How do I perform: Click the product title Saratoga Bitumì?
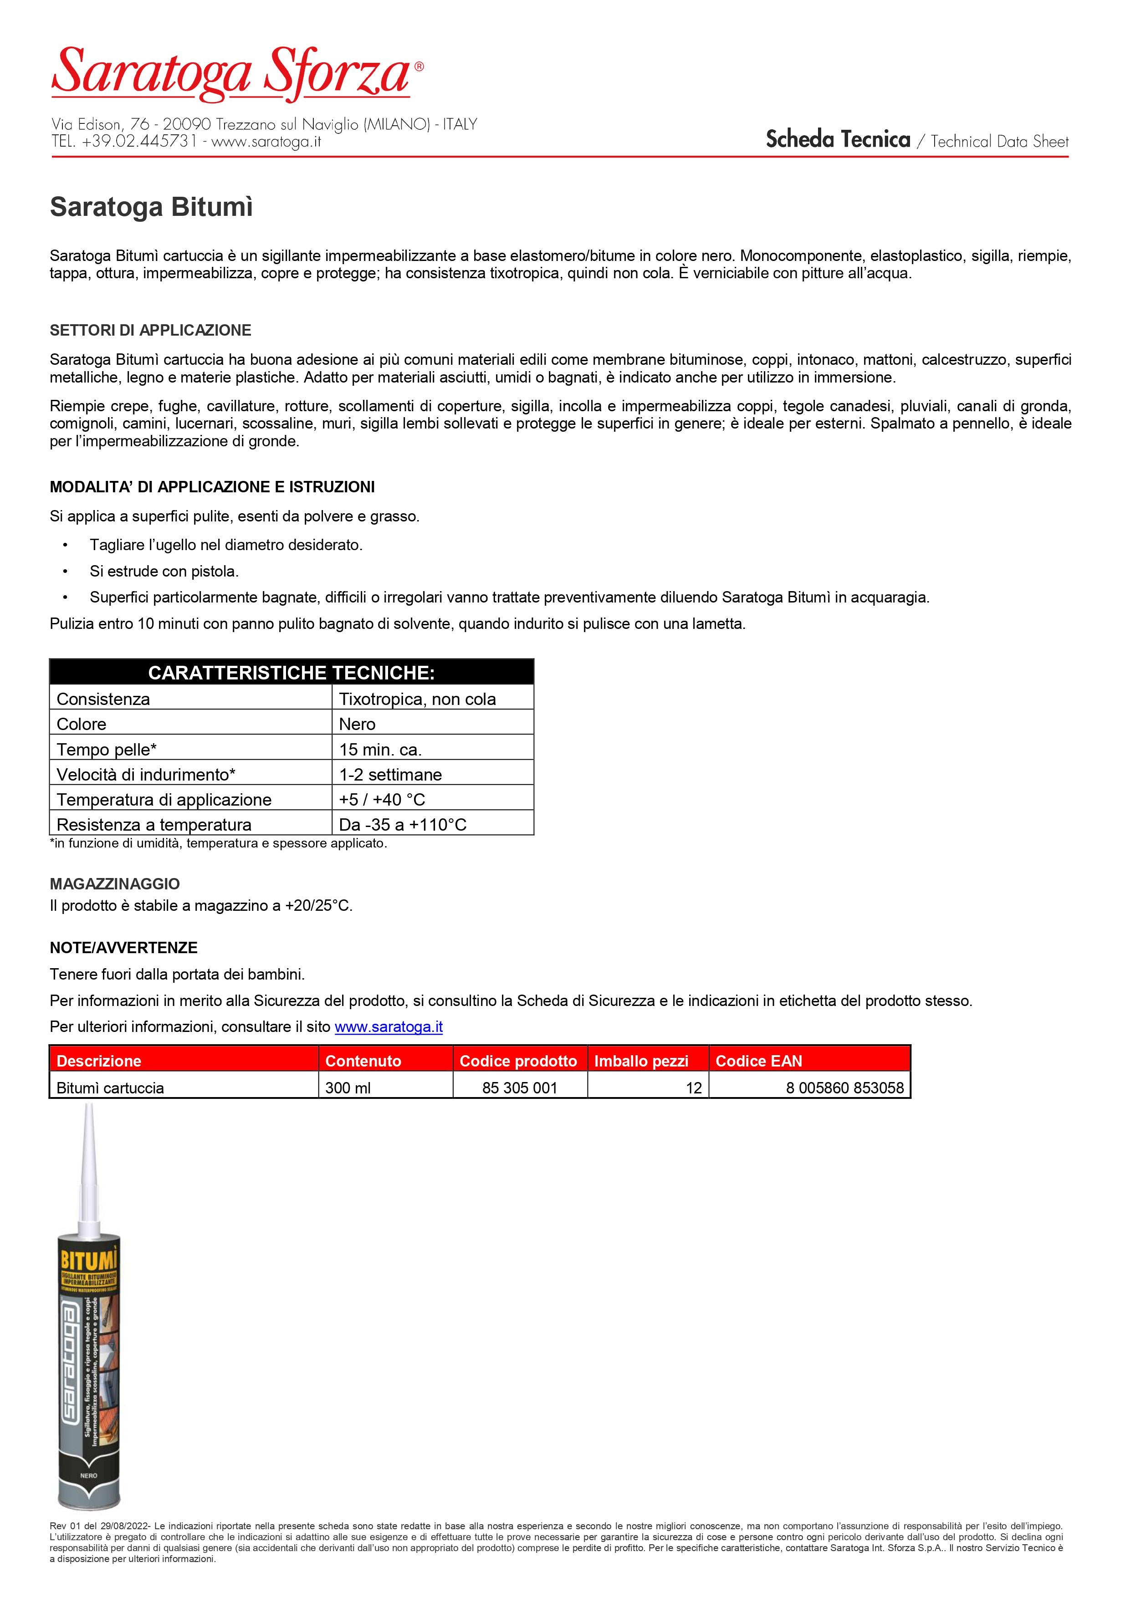pos(151,207)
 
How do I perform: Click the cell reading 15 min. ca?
pos(380,750)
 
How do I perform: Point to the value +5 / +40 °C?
pos(382,800)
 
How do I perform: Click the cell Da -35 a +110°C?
pos(403,825)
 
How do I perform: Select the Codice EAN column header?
pos(758,1061)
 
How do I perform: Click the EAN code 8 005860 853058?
pos(844,1088)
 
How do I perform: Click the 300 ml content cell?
pos(348,1088)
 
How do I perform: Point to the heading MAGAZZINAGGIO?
pos(115,884)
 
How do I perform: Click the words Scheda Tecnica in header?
pos(838,140)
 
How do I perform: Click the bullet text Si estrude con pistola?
pos(164,572)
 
